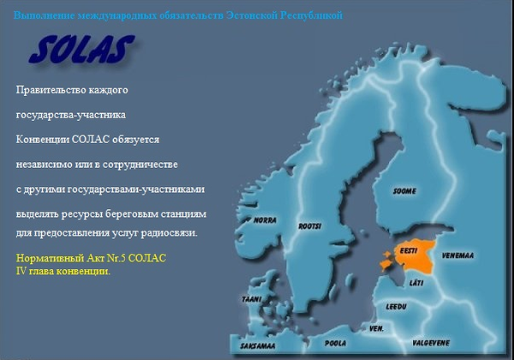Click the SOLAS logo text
click(x=81, y=49)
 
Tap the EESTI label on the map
click(x=409, y=251)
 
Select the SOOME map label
click(x=404, y=191)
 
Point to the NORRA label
click(x=265, y=220)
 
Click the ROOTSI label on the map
click(x=310, y=226)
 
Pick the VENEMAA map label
click(x=457, y=255)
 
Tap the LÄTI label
click(x=416, y=282)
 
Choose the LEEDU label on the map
click(x=397, y=307)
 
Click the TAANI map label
click(x=252, y=299)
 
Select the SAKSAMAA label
click(x=258, y=346)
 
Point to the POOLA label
click(x=335, y=343)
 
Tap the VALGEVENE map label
click(x=431, y=343)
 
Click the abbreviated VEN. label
click(x=376, y=328)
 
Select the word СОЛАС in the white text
click(x=90, y=140)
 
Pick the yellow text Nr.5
click(x=117, y=258)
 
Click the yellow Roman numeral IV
click(x=21, y=271)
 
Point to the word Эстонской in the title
click(x=251, y=15)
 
